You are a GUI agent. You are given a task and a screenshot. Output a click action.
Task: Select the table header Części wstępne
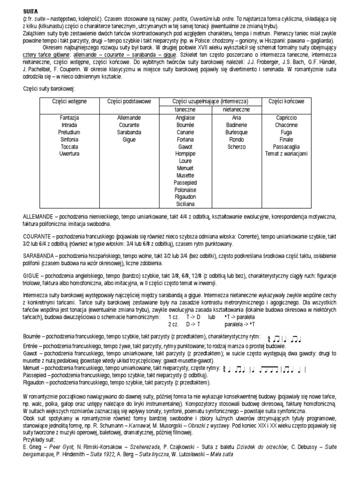pyautogui.click(x=69, y=101)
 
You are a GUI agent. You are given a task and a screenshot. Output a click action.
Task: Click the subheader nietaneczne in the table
pyautogui.click(x=237, y=109)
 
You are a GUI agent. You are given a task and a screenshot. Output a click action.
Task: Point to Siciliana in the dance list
pyautogui.click(x=185, y=204)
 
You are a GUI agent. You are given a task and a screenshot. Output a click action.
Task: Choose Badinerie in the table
pyautogui.click(x=237, y=125)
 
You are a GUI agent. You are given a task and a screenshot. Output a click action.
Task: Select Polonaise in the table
pyautogui.click(x=185, y=190)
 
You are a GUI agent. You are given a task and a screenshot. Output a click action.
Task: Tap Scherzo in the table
pyautogui.click(x=237, y=146)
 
